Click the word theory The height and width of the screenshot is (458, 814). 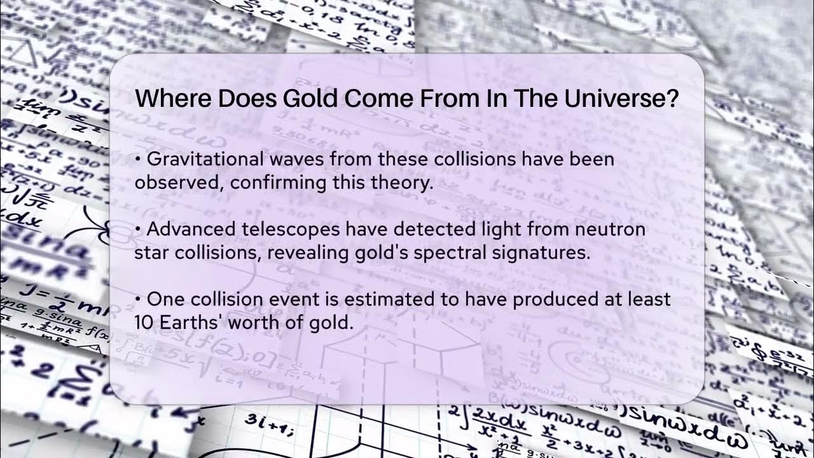(401, 183)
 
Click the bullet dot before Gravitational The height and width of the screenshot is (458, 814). (138, 159)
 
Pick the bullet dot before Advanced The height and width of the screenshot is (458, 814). (138, 229)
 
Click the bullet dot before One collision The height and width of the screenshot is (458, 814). (138, 298)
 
